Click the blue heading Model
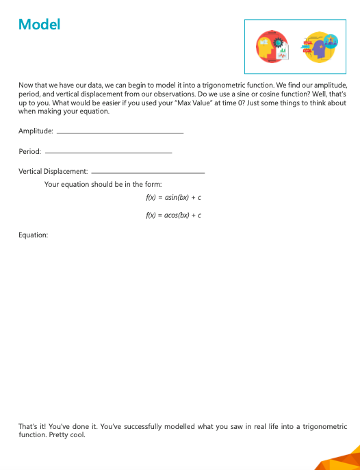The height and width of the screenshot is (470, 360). click(x=40, y=25)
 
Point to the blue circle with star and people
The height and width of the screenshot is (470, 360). click(x=331, y=40)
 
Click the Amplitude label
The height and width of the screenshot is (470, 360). click(x=36, y=131)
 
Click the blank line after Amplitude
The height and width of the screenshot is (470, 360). click(x=120, y=132)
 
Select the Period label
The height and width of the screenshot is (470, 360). click(x=29, y=151)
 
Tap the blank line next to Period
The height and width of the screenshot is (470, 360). click(x=107, y=152)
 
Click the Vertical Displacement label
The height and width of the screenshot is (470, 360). click(x=53, y=170)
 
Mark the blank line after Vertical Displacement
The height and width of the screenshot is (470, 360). click(x=148, y=172)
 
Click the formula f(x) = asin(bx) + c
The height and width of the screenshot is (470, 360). click(x=173, y=197)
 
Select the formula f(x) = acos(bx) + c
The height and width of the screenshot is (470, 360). click(x=173, y=215)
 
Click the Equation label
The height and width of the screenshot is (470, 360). click(x=33, y=235)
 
